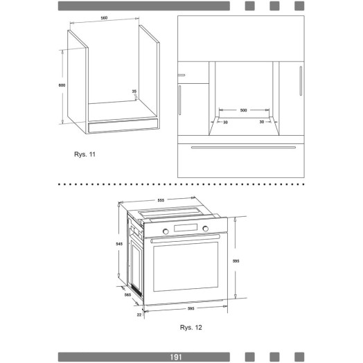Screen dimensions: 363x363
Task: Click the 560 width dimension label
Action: (104, 18)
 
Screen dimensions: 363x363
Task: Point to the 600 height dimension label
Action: (62, 85)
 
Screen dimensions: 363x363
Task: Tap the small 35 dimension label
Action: (134, 91)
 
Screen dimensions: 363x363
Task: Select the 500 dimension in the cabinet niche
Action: (244, 110)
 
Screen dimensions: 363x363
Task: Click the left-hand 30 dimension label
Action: (225, 122)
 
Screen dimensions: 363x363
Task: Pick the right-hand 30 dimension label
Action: (262, 122)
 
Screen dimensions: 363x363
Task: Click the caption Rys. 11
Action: (85, 154)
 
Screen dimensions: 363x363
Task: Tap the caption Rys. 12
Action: (191, 328)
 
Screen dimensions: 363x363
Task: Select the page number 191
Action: (176, 357)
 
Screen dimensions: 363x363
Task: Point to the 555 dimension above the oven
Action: (161, 200)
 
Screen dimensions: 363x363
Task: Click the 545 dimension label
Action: (119, 244)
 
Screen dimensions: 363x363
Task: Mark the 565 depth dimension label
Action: (127, 294)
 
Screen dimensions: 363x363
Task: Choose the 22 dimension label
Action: (139, 315)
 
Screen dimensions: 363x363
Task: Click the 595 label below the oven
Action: (191, 308)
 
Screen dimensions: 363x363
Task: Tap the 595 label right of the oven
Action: (236, 261)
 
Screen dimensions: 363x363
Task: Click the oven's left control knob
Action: (166, 231)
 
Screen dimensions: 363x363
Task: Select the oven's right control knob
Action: (205, 229)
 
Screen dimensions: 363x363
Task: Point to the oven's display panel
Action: (186, 228)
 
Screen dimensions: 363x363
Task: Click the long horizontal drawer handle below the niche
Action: (243, 148)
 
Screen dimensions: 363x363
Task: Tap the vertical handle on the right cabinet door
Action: (301, 81)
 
